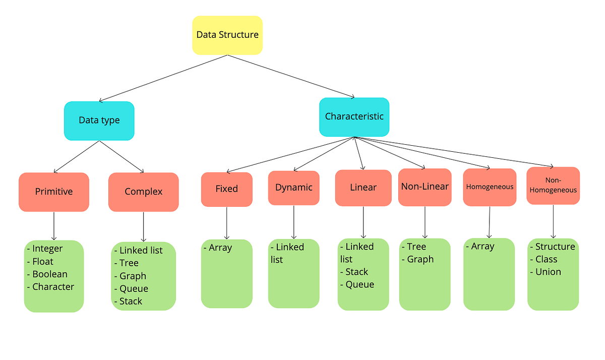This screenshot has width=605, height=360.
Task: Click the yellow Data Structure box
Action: click(227, 35)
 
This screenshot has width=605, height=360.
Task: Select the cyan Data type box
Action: click(99, 121)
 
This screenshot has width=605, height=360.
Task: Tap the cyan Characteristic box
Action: click(354, 116)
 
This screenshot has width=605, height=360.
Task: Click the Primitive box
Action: click(54, 192)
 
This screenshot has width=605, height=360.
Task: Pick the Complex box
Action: click(143, 192)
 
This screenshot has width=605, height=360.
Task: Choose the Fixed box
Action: click(226, 189)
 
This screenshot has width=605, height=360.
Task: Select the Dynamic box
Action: click(293, 188)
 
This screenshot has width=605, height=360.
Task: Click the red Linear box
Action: click(363, 188)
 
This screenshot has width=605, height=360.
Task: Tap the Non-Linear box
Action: click(425, 187)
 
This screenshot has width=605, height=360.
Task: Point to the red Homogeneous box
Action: click(489, 187)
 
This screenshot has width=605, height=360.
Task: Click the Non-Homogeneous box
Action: click(553, 186)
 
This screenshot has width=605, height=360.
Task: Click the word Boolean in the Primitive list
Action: click(49, 274)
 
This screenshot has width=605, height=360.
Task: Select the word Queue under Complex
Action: click(134, 288)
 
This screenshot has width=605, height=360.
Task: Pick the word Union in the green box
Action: click(548, 272)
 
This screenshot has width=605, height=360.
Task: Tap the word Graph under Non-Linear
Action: click(420, 259)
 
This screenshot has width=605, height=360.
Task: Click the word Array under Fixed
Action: click(220, 248)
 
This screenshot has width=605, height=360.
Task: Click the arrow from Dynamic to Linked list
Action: click(293, 222)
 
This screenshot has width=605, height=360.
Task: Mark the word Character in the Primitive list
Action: click(53, 287)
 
